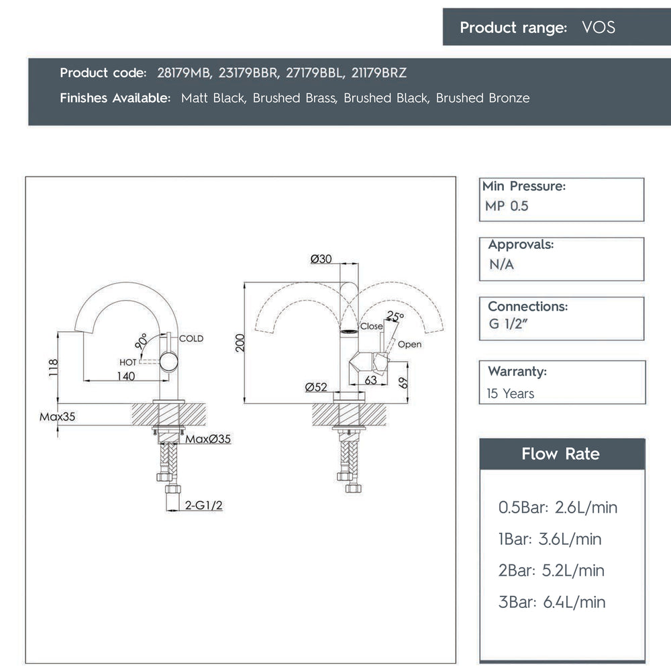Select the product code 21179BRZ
click(x=378, y=73)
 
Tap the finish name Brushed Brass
click(x=295, y=98)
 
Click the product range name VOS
click(x=599, y=28)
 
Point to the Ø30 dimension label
click(x=321, y=259)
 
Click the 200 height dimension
click(x=240, y=343)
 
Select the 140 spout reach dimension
click(x=126, y=376)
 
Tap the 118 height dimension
click(x=53, y=368)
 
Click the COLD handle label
click(x=191, y=338)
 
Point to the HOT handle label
click(x=128, y=362)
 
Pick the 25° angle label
click(x=395, y=316)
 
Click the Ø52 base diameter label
click(x=316, y=387)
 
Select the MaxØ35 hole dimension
click(x=208, y=439)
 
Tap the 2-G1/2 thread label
click(x=204, y=505)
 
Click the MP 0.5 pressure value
click(x=507, y=206)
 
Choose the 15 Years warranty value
click(x=511, y=394)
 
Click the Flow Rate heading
click(x=560, y=454)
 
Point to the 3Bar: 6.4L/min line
click(x=552, y=602)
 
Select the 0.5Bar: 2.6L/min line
click(x=558, y=507)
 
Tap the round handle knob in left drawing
click(x=168, y=362)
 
